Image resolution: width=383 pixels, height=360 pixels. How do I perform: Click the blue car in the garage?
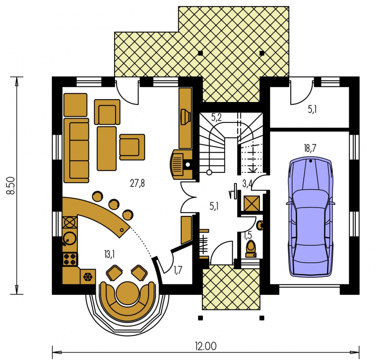pyautogui.click(x=310, y=217)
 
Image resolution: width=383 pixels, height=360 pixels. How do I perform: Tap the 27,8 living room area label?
pyautogui.click(x=137, y=183)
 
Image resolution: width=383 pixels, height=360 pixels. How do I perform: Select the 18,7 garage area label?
pyautogui.click(x=310, y=148)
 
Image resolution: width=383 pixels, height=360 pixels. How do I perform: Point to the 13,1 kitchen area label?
pyautogui.click(x=109, y=254)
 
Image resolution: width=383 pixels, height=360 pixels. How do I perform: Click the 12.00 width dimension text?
pyautogui.click(x=206, y=346)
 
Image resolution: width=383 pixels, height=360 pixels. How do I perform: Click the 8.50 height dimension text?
pyautogui.click(x=11, y=186)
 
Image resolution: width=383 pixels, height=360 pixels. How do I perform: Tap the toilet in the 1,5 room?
pyautogui.click(x=251, y=249)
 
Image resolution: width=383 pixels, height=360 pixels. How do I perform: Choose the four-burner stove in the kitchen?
pyautogui.click(x=70, y=259)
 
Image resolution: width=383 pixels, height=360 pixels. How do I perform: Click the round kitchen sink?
pyautogui.click(x=69, y=238)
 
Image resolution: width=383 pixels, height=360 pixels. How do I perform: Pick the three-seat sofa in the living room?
pyautogui.click(x=76, y=150)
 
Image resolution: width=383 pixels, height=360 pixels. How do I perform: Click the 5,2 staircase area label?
pyautogui.click(x=216, y=118)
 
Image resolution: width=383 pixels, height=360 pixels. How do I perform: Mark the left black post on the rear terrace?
pyautogui.click(x=200, y=53)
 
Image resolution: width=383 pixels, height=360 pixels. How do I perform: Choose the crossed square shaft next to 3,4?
pyautogui.click(x=251, y=203)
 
